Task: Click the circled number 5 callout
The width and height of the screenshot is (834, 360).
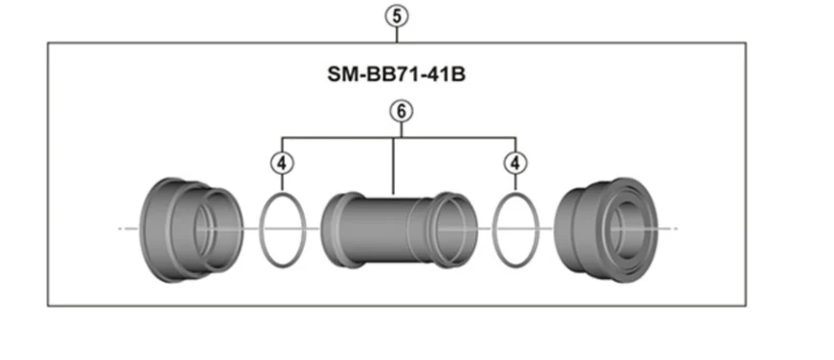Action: click(x=397, y=16)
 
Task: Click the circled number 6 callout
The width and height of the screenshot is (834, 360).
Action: click(x=401, y=112)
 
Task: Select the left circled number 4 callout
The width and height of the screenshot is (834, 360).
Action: click(x=282, y=163)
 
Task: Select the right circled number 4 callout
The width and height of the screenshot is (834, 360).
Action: click(x=514, y=163)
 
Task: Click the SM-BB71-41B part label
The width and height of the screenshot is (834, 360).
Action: click(x=397, y=74)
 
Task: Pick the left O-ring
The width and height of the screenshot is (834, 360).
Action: click(x=261, y=230)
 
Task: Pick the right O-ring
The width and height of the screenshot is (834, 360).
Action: click(x=494, y=230)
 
